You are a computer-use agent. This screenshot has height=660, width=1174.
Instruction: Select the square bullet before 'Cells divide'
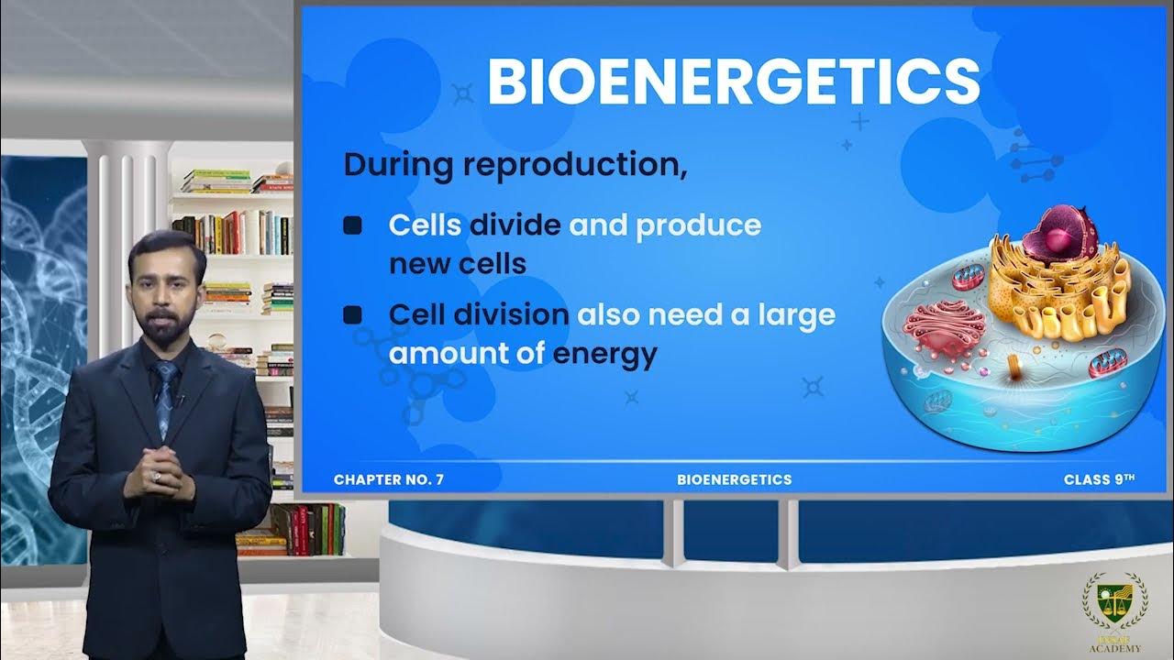[352, 225]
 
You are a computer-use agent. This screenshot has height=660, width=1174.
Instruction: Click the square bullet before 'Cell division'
[352, 315]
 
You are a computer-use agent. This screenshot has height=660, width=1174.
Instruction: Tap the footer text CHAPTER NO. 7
[389, 479]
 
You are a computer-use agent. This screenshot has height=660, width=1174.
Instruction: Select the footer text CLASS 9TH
[1100, 479]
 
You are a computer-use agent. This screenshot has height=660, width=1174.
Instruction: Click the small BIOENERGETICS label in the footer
[734, 479]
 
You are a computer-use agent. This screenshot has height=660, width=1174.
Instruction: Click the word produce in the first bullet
[698, 225]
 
